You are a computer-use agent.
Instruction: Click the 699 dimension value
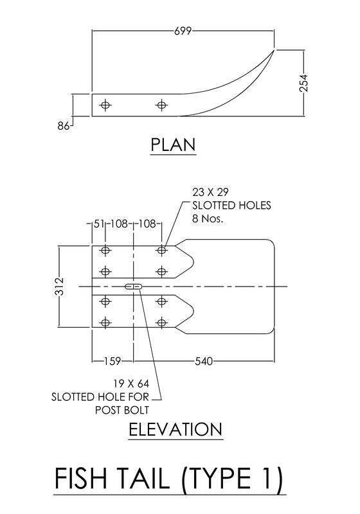pos(183,31)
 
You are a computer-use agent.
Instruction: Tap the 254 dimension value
pos(304,84)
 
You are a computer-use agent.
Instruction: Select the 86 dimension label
pos(63,126)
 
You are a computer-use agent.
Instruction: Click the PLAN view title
pos(173,145)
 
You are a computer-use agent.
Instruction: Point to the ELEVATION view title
pos(175,429)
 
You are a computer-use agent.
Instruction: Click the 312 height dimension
pos(59,287)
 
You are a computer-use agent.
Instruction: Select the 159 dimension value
pos(113,361)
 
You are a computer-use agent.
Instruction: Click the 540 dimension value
pos(204,361)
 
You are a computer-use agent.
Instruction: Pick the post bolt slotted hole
pos(134,287)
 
